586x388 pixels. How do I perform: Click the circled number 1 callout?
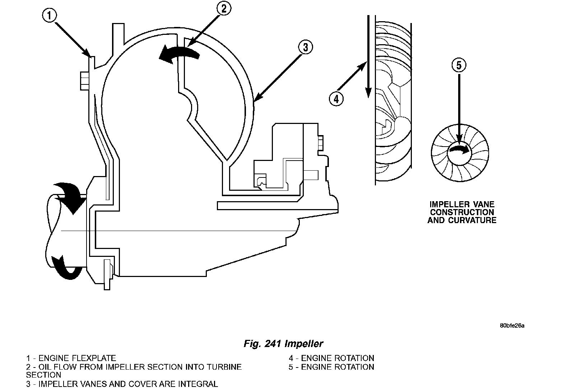(x=49, y=16)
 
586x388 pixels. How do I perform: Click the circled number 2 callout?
(x=224, y=8)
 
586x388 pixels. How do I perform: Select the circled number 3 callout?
(x=305, y=47)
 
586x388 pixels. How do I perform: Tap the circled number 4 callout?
(x=336, y=99)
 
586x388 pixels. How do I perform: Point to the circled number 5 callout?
(x=459, y=65)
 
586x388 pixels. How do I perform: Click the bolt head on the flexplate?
(x=84, y=81)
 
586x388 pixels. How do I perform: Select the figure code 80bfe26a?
(x=512, y=326)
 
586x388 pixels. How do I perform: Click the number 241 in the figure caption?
(x=273, y=343)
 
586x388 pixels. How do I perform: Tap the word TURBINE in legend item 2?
(x=224, y=367)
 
